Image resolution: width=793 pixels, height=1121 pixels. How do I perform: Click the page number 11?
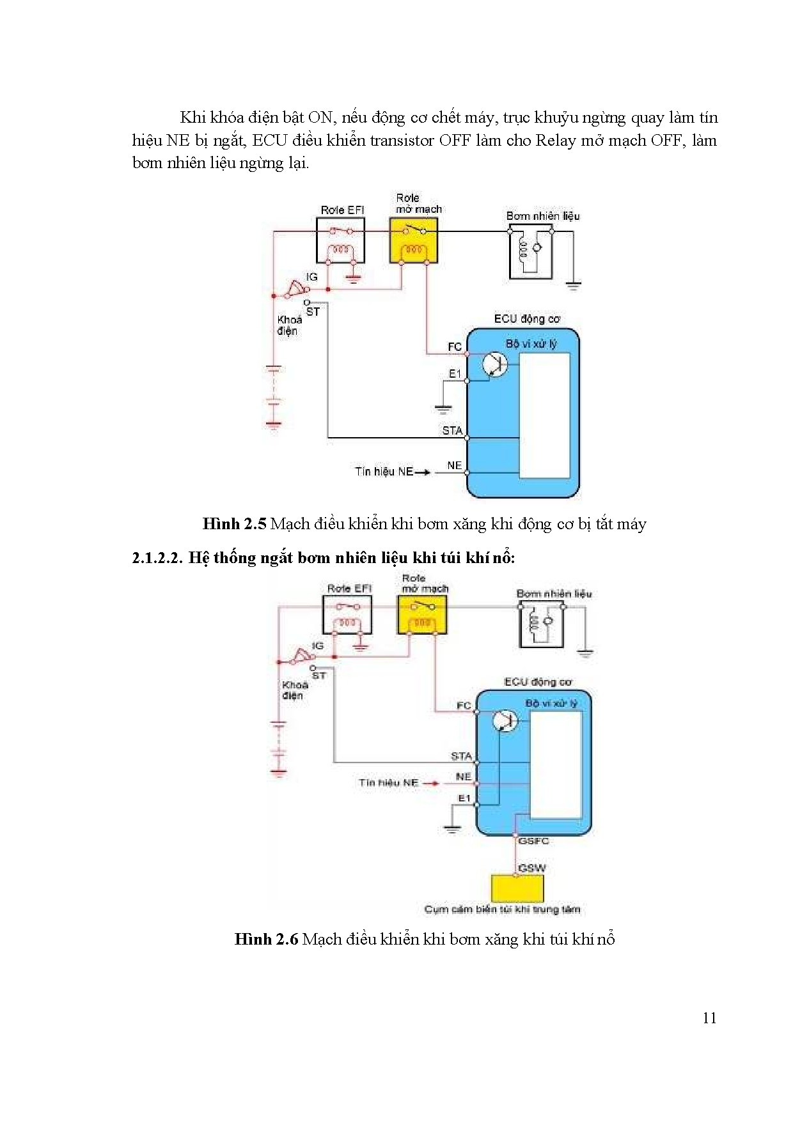tap(709, 1018)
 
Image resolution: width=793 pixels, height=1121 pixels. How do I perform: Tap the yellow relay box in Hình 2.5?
tap(414, 240)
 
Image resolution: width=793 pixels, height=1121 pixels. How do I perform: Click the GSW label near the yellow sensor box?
tap(532, 868)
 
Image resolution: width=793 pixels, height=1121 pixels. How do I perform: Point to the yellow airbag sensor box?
tap(517, 888)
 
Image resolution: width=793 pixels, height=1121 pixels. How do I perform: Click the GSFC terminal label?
tap(533, 841)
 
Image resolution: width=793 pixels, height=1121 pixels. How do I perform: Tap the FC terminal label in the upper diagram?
tap(454, 347)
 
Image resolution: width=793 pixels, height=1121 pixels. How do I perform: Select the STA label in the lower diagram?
tap(461, 756)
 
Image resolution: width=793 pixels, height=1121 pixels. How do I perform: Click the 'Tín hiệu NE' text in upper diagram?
tap(384, 472)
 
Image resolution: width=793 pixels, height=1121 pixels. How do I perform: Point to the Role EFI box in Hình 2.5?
tap(341, 240)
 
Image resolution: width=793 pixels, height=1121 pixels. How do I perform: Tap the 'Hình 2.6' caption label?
tap(267, 939)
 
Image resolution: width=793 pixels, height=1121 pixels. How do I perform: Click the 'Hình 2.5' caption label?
tap(234, 524)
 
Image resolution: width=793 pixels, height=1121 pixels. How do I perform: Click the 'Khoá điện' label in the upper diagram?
tap(288, 325)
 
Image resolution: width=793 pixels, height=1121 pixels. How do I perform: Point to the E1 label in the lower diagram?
tap(464, 798)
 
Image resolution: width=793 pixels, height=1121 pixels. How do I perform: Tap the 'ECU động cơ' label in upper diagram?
tap(528, 318)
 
